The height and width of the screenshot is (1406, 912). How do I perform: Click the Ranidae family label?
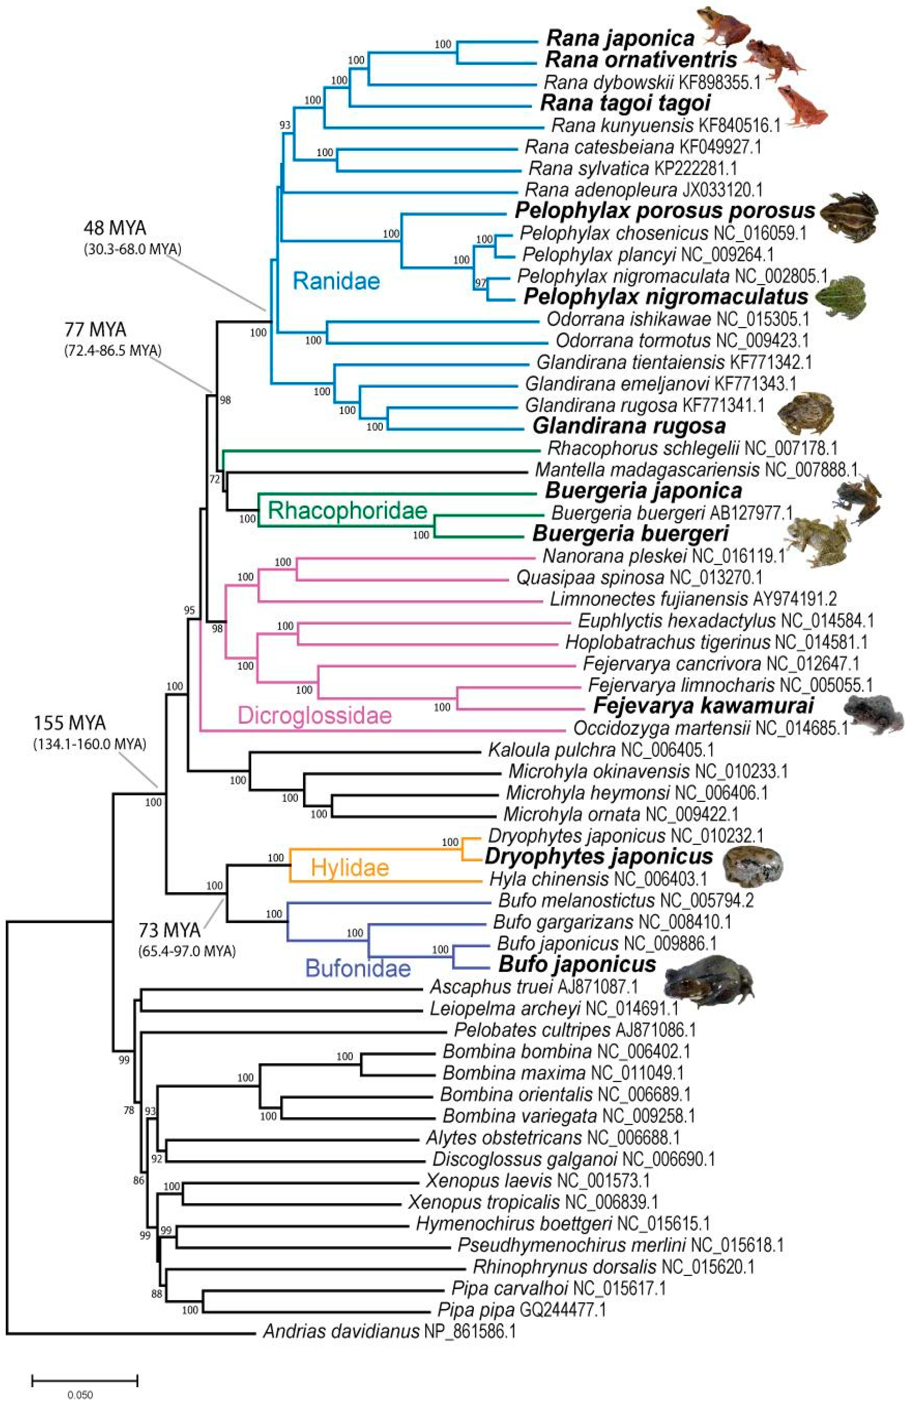point(336,280)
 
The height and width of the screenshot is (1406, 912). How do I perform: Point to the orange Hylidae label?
point(350,868)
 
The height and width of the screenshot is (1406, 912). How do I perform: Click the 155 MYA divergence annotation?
point(70,723)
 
